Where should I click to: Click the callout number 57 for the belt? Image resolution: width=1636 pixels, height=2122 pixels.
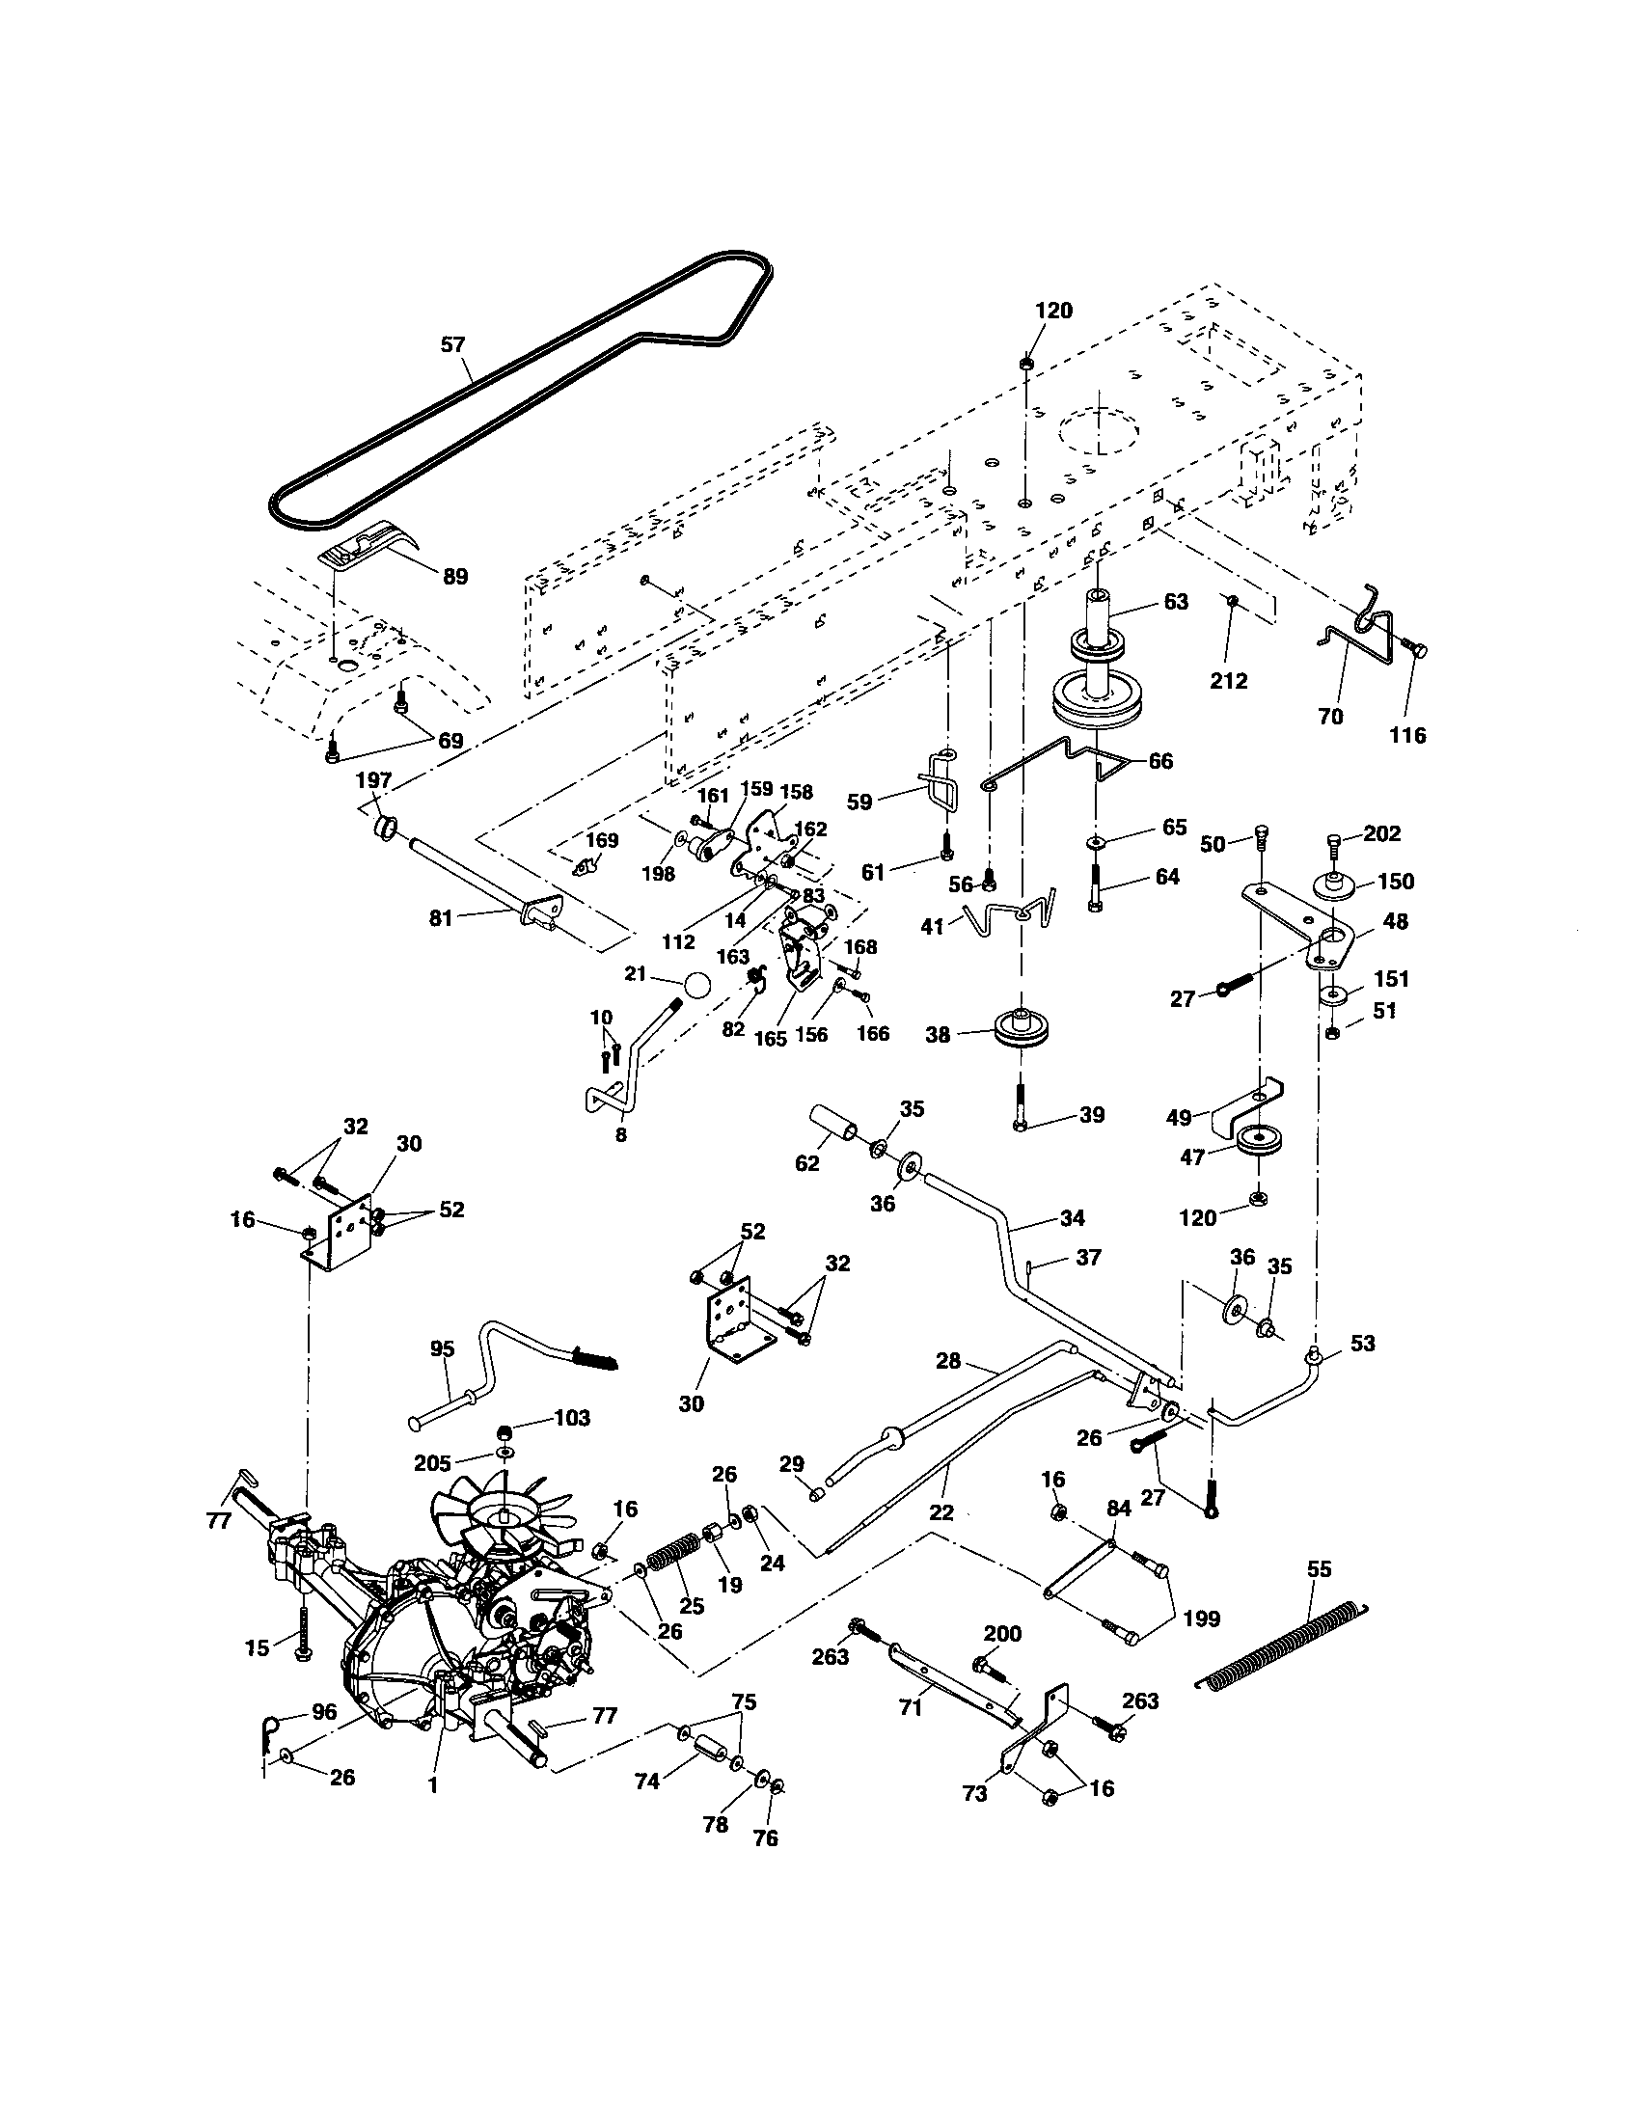[x=452, y=345]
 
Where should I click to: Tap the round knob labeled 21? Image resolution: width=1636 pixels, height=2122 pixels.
[x=696, y=983]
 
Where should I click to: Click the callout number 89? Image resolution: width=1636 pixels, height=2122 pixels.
[x=454, y=576]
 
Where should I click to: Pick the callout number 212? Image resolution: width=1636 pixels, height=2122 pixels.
[x=1228, y=680]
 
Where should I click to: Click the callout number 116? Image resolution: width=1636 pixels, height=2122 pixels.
[x=1407, y=736]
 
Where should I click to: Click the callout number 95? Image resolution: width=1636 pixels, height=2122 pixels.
[x=442, y=1348]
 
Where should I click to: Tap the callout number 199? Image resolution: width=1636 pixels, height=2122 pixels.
[x=1202, y=1619]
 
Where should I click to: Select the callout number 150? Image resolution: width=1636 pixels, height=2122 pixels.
[x=1396, y=882]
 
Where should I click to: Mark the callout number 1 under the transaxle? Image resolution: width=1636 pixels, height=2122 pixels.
[x=433, y=1784]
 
